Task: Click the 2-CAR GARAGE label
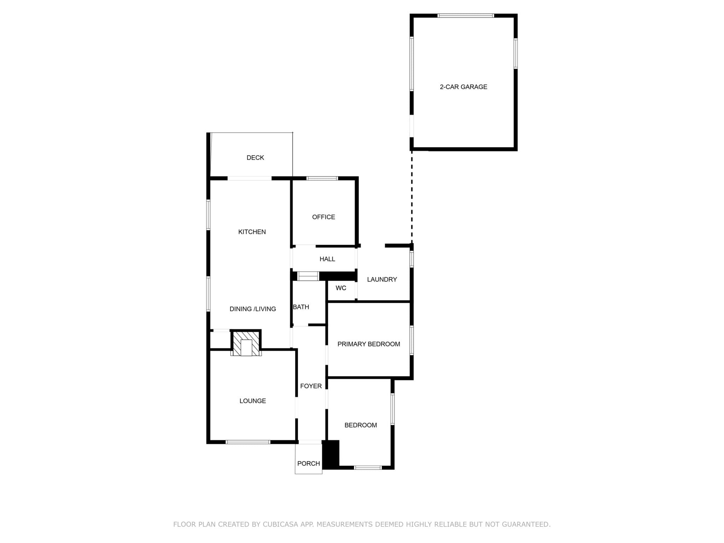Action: click(x=463, y=87)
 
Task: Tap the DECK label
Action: click(x=255, y=158)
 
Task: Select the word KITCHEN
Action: click(x=252, y=232)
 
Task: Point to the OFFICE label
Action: click(x=323, y=217)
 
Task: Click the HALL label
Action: click(x=327, y=259)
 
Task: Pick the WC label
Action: click(x=341, y=288)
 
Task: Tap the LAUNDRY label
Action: click(x=382, y=280)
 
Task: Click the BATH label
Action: click(x=301, y=307)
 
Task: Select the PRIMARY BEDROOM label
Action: click(x=369, y=344)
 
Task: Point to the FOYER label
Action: click(x=311, y=386)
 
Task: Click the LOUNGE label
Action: click(x=253, y=401)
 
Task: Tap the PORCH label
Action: click(x=309, y=463)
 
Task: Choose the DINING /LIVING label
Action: click(x=253, y=309)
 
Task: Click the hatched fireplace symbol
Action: click(x=246, y=343)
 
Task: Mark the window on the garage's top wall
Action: click(x=466, y=16)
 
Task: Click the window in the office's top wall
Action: click(x=322, y=179)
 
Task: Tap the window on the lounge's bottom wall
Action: click(x=248, y=442)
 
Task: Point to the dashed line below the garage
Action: click(x=412, y=197)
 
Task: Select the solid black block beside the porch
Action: click(x=331, y=455)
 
